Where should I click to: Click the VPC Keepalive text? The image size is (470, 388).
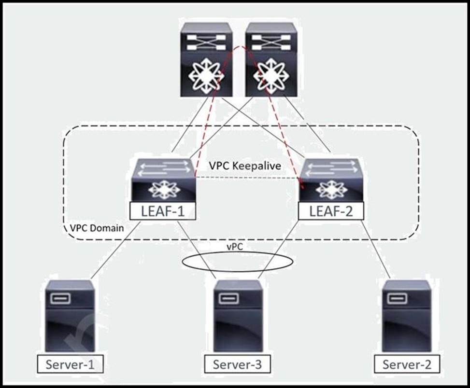click(x=245, y=165)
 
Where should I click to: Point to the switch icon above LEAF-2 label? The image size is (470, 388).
click(x=331, y=180)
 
